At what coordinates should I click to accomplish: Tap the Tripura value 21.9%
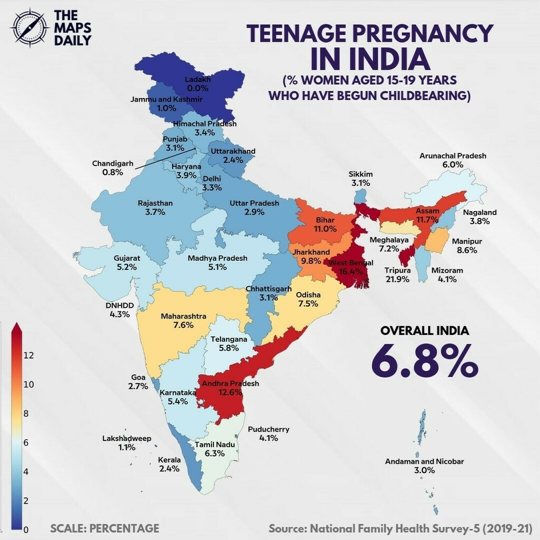397,279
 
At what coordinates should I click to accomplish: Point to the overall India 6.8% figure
425,360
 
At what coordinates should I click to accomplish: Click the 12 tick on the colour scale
28,355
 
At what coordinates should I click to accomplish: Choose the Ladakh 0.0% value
198,89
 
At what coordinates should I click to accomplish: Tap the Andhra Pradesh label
231,383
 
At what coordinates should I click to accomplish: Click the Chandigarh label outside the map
113,163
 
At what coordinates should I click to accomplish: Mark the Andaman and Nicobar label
425,461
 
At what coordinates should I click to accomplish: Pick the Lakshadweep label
127,439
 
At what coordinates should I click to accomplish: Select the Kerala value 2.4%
170,468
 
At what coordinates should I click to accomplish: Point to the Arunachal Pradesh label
452,156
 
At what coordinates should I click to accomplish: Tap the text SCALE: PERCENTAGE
105,528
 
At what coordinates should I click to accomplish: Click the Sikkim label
361,174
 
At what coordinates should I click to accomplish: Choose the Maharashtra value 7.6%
183,325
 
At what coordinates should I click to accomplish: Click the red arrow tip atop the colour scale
16,327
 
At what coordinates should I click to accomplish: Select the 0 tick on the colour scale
26,529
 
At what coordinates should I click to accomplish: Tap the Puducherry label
268,429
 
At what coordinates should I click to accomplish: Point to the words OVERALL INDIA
425,331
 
